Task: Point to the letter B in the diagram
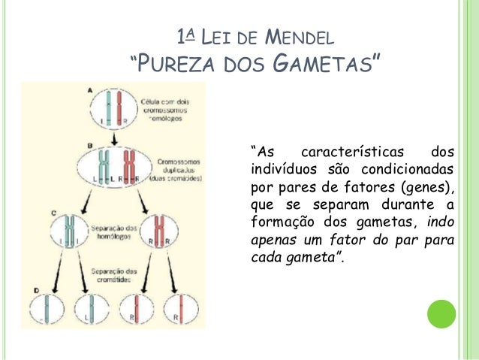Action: (x=90, y=144)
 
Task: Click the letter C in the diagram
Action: (x=55, y=214)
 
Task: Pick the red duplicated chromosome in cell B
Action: (x=130, y=166)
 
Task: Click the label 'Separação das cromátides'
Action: (x=113, y=274)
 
